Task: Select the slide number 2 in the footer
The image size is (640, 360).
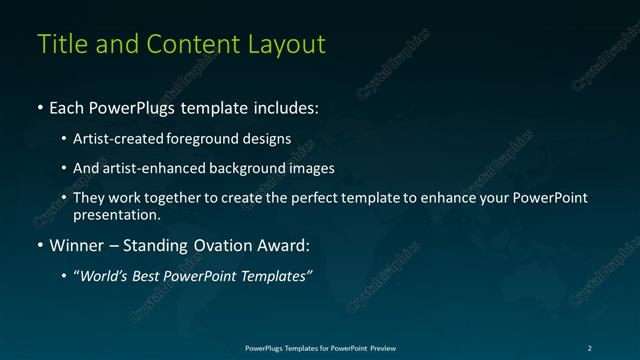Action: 590,347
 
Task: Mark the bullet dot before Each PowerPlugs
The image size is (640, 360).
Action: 39,107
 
